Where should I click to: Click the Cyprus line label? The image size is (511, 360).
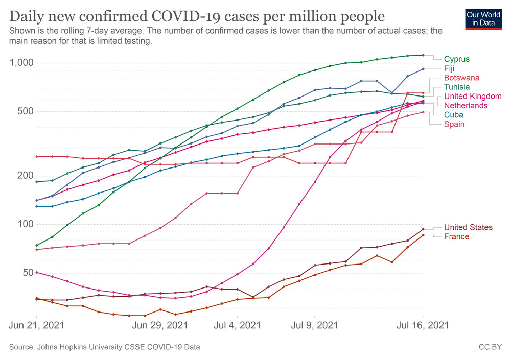tap(456, 59)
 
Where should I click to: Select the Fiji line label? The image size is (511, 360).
tap(449, 68)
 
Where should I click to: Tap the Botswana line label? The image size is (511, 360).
tap(461, 78)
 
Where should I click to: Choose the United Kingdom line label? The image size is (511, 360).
tap(473, 96)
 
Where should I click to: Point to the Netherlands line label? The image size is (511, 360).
tap(466, 105)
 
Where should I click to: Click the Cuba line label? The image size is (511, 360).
tap(453, 115)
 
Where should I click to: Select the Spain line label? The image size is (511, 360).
tap(454, 124)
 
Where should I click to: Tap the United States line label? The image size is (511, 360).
tap(468, 227)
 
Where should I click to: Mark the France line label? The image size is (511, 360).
tap(456, 236)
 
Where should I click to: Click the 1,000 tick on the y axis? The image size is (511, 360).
tap(22, 63)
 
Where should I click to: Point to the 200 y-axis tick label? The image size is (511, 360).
tap(26, 175)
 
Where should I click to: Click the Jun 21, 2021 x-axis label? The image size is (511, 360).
tap(37, 325)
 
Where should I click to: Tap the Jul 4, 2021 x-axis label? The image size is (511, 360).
tap(238, 325)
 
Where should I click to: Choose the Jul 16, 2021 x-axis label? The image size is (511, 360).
tap(424, 325)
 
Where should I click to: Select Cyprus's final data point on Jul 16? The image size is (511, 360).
tap(423, 55)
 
